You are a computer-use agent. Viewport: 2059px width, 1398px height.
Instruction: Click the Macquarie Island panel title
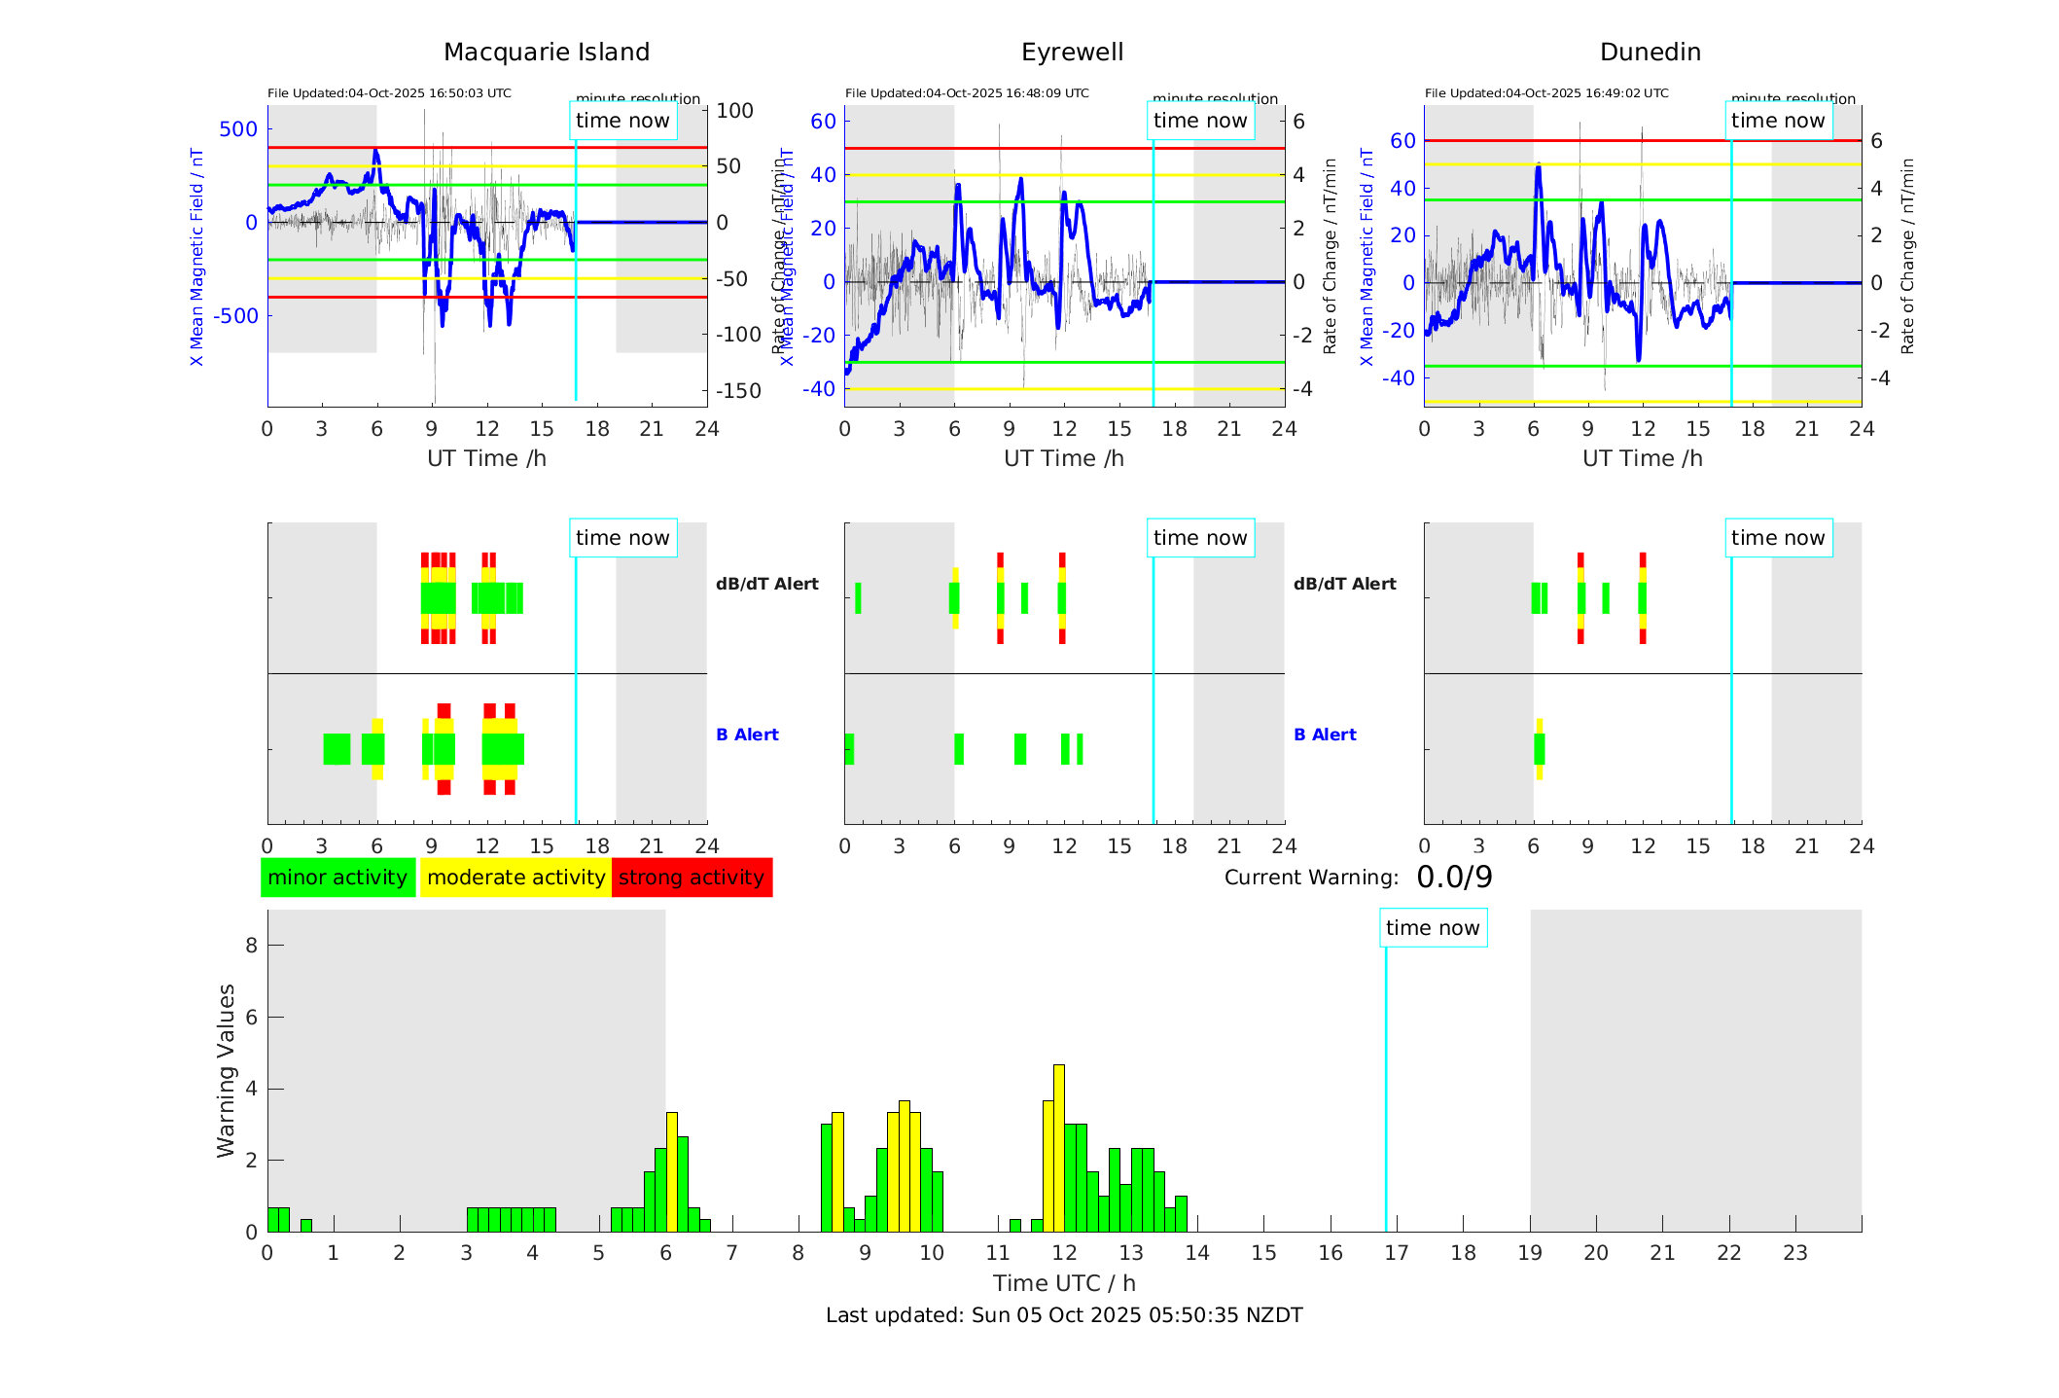tap(547, 53)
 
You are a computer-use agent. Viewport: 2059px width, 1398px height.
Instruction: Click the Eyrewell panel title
tap(1072, 53)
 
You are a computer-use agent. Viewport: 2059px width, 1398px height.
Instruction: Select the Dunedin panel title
tap(1650, 53)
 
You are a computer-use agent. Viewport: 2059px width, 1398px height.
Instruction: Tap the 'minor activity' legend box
tap(337, 878)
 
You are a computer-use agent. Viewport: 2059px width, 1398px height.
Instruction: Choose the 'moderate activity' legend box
tap(515, 878)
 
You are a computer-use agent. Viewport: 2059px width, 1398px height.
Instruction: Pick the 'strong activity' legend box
tap(692, 878)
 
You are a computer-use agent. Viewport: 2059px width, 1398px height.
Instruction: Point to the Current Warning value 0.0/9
tap(1454, 878)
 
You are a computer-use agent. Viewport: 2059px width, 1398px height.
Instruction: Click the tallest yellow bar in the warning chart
tap(1059, 1148)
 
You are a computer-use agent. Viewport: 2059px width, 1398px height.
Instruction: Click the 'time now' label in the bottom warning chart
tap(1433, 928)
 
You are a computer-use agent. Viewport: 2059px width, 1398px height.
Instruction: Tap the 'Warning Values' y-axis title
tap(227, 1070)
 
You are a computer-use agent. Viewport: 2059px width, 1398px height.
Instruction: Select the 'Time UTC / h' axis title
tap(1064, 1283)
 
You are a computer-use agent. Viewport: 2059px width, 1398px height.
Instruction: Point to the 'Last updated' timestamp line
tap(1064, 1315)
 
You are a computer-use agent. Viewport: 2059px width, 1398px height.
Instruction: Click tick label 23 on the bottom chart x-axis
tap(1795, 1253)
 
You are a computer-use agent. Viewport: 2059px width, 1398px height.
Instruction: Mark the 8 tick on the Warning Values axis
tap(252, 945)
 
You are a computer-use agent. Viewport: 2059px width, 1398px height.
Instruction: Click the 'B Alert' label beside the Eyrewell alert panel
tap(1325, 735)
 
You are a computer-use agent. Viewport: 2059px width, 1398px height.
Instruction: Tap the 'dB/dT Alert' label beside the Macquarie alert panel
tap(767, 584)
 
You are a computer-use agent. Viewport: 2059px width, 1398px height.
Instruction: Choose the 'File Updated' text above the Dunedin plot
tap(1546, 93)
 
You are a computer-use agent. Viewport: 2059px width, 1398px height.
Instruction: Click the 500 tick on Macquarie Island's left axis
tap(238, 129)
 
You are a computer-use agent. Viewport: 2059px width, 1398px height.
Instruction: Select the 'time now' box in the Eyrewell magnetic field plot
tap(1200, 121)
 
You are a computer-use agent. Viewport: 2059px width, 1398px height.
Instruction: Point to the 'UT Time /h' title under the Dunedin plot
tap(1643, 458)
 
